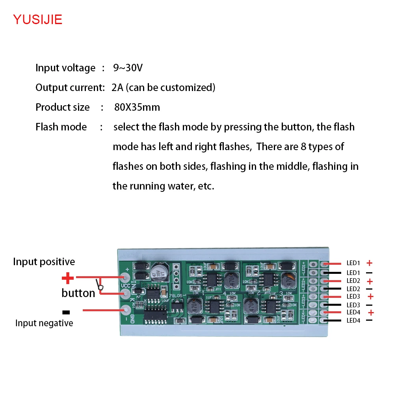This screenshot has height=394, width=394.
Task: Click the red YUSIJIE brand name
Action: (x=38, y=19)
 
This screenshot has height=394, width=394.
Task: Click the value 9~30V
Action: (x=128, y=68)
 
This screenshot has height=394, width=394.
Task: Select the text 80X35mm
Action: (x=137, y=107)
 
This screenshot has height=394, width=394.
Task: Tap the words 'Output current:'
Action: (x=70, y=87)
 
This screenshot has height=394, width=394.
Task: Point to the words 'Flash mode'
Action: (x=61, y=127)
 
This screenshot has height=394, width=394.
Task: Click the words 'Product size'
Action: (x=63, y=107)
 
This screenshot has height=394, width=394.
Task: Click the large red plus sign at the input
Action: (x=68, y=279)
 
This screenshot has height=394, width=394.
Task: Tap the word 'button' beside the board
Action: (x=78, y=293)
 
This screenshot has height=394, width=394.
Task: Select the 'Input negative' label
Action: (x=44, y=323)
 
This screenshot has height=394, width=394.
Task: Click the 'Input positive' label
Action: (x=44, y=262)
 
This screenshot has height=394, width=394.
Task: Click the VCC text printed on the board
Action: (x=126, y=286)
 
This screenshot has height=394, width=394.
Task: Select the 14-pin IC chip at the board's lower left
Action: (x=154, y=316)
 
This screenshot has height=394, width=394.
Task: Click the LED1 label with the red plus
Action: (x=353, y=263)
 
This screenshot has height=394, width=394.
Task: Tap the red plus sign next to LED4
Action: (x=370, y=312)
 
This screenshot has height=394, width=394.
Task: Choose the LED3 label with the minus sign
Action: (x=353, y=305)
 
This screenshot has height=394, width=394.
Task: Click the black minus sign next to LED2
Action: (x=369, y=289)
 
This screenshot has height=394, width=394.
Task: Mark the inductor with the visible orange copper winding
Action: (x=290, y=280)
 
